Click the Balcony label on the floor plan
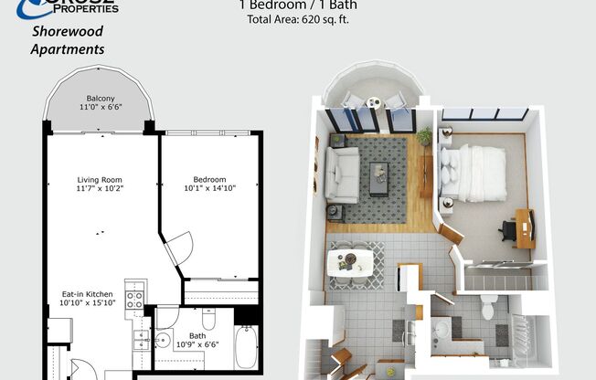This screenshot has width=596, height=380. [101, 98]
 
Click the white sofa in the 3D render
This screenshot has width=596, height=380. [343, 174]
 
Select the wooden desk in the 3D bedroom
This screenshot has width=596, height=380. [524, 227]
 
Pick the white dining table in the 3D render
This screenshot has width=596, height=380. [350, 260]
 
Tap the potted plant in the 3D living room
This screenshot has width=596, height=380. [424, 136]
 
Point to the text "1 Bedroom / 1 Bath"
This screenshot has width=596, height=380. [298, 5]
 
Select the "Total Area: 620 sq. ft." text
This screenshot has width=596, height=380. [298, 19]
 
